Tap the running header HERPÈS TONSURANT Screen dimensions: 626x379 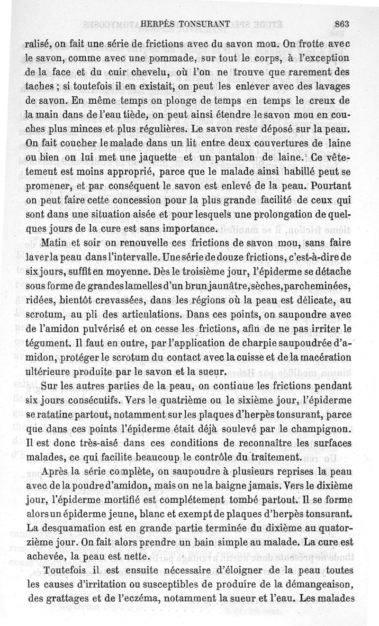(186, 22)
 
